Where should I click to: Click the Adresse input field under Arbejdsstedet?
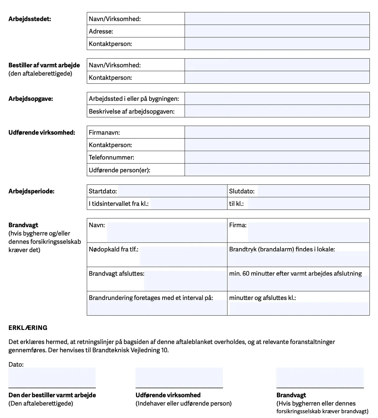[277, 31]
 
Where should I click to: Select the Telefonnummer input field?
[277, 157]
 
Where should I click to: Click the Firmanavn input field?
[277, 132]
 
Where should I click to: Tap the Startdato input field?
[172, 191]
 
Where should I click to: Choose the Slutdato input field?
[313, 191]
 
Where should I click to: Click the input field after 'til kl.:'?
[308, 204]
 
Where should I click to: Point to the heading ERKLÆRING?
[28, 328]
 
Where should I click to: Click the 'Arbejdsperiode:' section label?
[31, 191]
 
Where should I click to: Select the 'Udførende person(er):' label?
[120, 170]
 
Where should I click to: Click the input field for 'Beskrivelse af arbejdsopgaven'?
[277, 111]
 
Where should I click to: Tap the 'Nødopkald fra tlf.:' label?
[113, 250]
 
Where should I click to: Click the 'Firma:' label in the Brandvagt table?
[238, 225]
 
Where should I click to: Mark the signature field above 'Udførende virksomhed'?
[179, 377]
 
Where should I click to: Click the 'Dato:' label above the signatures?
[16, 364]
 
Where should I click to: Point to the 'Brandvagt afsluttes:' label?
[116, 274]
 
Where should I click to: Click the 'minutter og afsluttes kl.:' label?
[262, 298]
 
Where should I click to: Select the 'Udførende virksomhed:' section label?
[42, 132]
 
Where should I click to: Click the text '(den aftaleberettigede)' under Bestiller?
[40, 74]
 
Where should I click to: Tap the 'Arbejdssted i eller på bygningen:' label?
[134, 99]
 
